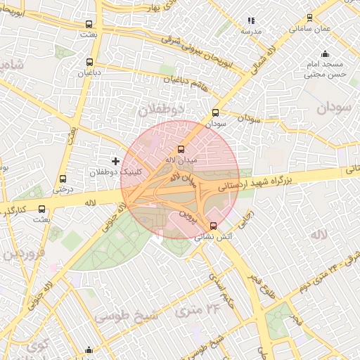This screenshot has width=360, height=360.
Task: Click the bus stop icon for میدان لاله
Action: click(181, 149)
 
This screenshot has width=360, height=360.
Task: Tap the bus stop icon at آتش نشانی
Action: click(214, 226)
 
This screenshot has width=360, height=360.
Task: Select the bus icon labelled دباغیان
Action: click(89, 62)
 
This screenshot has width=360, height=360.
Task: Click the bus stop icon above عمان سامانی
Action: click(310, 18)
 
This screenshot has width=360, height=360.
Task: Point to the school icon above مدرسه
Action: click(251, 21)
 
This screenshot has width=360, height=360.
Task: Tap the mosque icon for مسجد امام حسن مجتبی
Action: click(324, 54)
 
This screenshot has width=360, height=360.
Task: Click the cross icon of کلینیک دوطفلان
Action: click(116, 162)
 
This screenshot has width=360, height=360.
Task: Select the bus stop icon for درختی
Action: click(63, 179)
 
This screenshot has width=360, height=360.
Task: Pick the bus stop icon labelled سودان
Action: click(215, 112)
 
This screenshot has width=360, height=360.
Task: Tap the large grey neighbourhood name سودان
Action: click(333, 108)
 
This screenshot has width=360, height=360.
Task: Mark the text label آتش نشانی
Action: click(215, 238)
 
